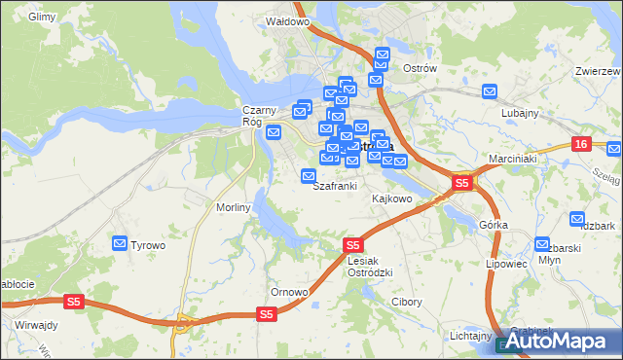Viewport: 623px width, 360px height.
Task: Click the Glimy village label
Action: pyautogui.click(x=42, y=18)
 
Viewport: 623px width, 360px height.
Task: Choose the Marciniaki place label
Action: pyautogui.click(x=513, y=159)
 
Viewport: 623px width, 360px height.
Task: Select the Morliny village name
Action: pyautogui.click(x=235, y=207)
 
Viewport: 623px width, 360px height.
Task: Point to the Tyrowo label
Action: pyautogui.click(x=148, y=245)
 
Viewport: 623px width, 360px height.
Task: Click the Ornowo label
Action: pyautogui.click(x=289, y=292)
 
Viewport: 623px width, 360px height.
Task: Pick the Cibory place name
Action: pyautogui.click(x=406, y=302)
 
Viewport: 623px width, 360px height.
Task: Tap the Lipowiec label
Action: pyautogui.click(x=505, y=264)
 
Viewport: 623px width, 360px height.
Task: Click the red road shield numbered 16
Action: pyautogui.click(x=581, y=144)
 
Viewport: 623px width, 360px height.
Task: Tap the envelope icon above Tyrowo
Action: pyautogui.click(x=121, y=242)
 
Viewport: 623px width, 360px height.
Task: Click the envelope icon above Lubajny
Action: pyautogui.click(x=490, y=91)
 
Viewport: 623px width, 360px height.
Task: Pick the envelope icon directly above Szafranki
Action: pyautogui.click(x=309, y=176)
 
